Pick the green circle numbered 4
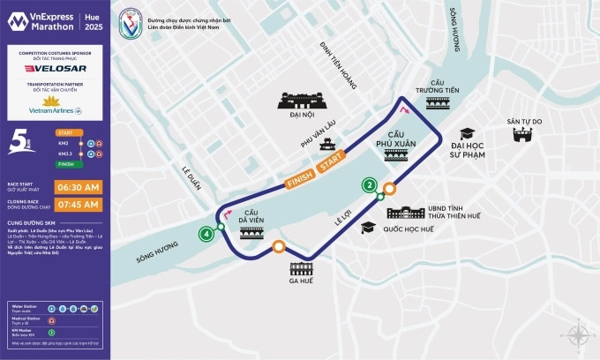coord(206,234)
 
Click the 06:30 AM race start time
coord(79,187)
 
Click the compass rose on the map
coord(579,336)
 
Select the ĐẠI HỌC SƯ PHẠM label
coord(476,149)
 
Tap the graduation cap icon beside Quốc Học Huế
coord(367,228)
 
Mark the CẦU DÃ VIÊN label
coord(251,217)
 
